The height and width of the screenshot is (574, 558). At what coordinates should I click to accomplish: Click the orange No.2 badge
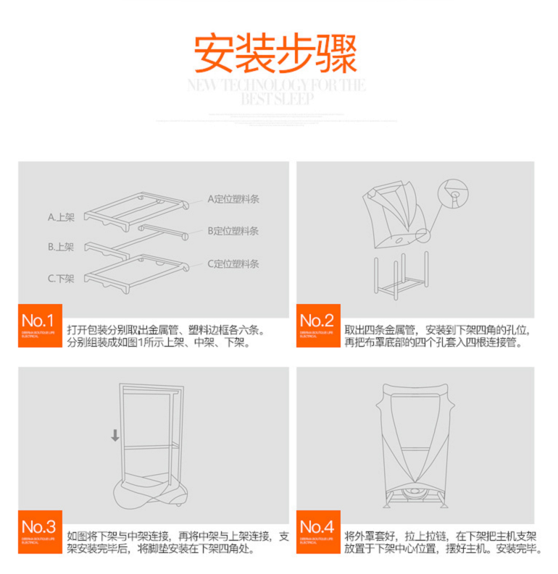[318, 325]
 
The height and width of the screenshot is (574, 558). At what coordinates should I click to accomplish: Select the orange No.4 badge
[318, 531]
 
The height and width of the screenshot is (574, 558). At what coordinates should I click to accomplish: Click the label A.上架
[62, 216]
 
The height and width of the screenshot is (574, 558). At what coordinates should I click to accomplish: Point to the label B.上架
[62, 246]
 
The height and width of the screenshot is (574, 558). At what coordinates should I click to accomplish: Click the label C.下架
[62, 278]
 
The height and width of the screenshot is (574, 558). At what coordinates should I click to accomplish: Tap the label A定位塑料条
[233, 198]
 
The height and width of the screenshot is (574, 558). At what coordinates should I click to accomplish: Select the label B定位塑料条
[233, 231]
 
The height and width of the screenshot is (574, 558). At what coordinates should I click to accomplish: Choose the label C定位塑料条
[233, 263]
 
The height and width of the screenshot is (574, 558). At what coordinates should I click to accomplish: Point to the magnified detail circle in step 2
[456, 195]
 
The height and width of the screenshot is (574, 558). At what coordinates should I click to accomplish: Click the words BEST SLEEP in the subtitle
[278, 99]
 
